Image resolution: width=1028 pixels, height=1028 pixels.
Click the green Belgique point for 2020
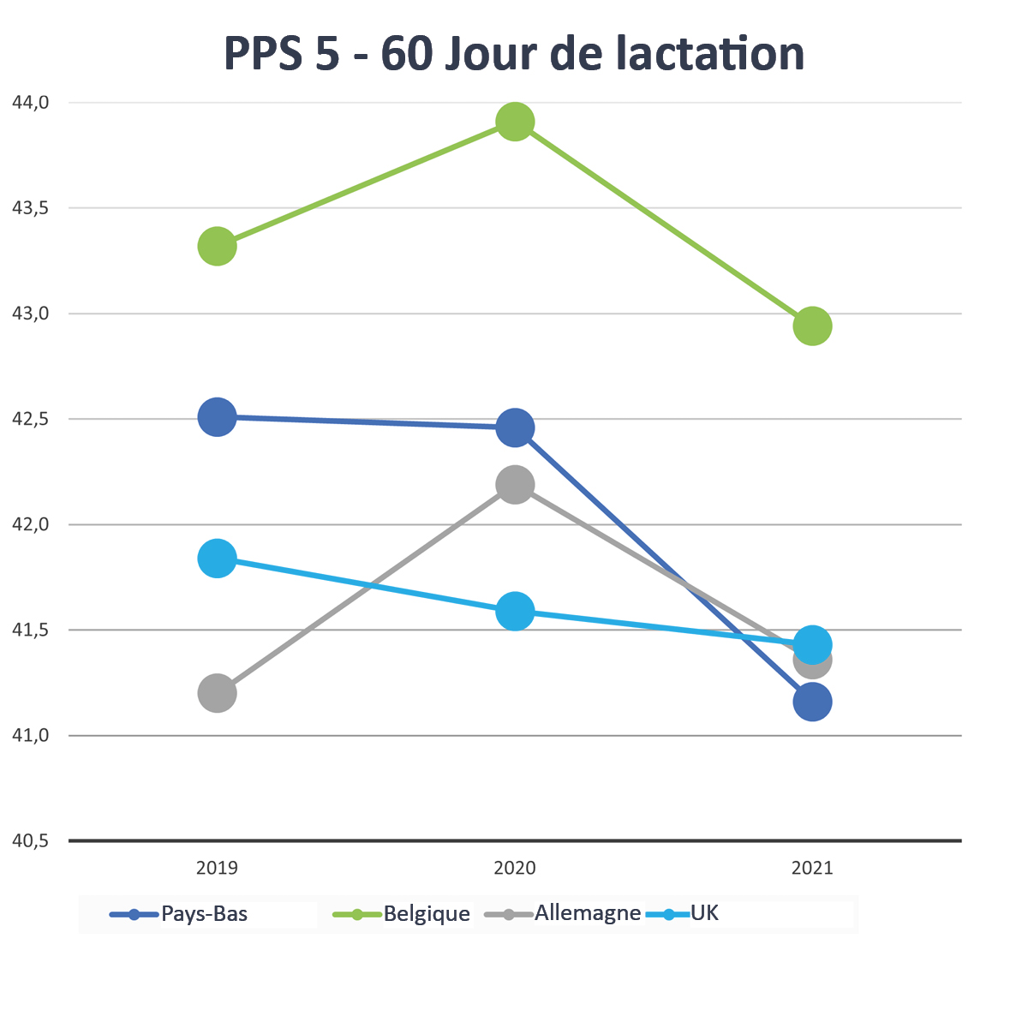515,123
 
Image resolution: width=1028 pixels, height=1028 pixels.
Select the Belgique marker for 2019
218,247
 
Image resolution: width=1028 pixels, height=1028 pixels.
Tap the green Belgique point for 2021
812,326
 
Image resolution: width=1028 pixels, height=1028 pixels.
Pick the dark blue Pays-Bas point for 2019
218,417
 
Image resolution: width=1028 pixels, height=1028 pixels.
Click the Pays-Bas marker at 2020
515,427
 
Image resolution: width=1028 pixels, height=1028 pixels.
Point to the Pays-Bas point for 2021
812,702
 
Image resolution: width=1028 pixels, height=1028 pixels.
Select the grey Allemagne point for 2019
218,693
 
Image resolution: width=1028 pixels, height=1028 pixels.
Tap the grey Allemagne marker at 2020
515,485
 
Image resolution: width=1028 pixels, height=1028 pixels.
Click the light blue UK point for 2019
218,559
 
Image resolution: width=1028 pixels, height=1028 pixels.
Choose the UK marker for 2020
515,612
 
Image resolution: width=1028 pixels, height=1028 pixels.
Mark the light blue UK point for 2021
812,644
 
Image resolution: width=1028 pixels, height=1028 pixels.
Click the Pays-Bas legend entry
204,914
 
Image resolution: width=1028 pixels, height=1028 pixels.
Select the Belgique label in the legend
426,914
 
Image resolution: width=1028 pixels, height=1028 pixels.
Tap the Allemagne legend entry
588,913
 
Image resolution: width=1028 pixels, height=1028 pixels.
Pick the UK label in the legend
704,913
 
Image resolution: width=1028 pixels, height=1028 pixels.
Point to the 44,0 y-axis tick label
31,103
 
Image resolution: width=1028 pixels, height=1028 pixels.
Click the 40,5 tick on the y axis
31,841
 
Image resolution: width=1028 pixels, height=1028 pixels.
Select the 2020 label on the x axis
515,868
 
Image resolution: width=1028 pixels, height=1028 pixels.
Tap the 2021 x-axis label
812,868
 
